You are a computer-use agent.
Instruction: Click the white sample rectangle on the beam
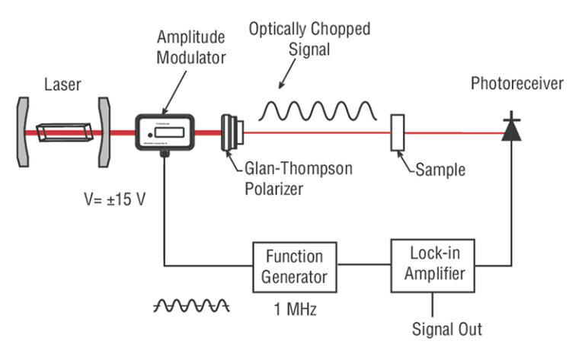pos(397,132)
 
